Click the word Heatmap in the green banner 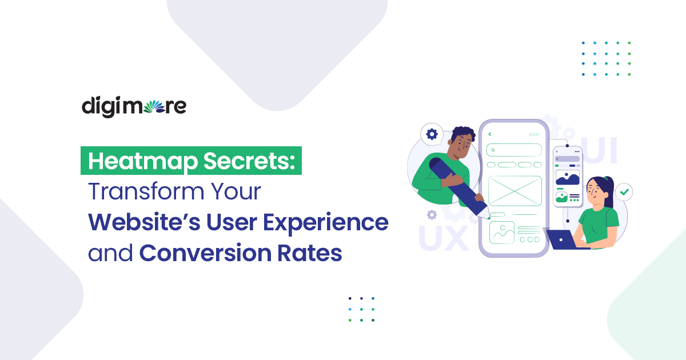[x=143, y=161]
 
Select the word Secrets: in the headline [x=249, y=161]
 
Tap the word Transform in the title [x=146, y=191]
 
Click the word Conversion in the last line [x=205, y=253]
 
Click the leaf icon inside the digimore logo [x=154, y=106]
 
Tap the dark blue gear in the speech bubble [x=432, y=134]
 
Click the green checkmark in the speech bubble [x=624, y=192]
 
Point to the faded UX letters [x=443, y=238]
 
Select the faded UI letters [x=599, y=150]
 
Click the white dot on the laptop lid [x=560, y=239]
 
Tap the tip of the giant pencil [x=489, y=218]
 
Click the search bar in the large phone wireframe [x=514, y=150]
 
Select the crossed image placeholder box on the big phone [x=515, y=191]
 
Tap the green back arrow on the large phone [x=490, y=134]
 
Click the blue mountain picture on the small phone [x=568, y=178]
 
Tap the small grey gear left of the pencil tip [x=432, y=215]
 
